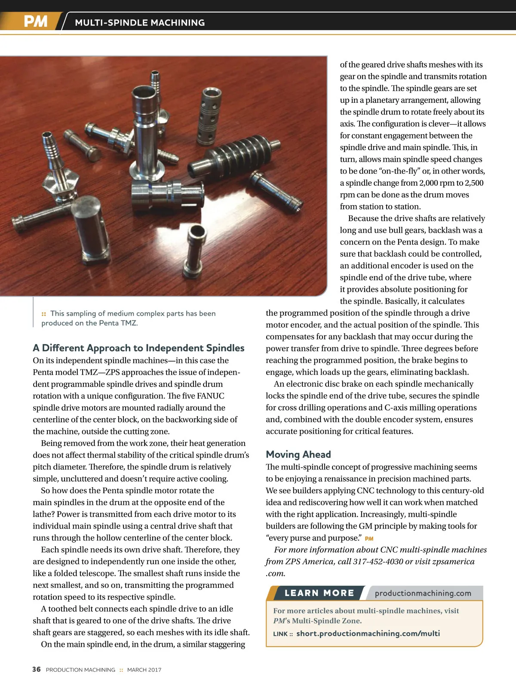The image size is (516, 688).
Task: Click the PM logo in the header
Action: [35, 21]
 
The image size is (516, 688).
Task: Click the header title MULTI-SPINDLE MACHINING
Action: [140, 22]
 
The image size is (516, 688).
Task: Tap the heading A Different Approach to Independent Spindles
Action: [138, 348]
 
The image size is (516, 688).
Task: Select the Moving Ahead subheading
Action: [298, 455]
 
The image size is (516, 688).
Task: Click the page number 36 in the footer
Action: [37, 670]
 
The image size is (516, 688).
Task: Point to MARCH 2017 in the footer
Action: [144, 670]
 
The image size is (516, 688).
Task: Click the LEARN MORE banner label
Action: [319, 593]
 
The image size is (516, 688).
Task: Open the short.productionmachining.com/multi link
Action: [368, 633]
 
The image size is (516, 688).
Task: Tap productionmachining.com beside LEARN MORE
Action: [423, 593]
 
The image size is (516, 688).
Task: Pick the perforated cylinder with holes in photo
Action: [209, 115]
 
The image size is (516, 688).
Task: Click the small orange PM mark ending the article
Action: [369, 539]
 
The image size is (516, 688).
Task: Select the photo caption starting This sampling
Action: [129, 318]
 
